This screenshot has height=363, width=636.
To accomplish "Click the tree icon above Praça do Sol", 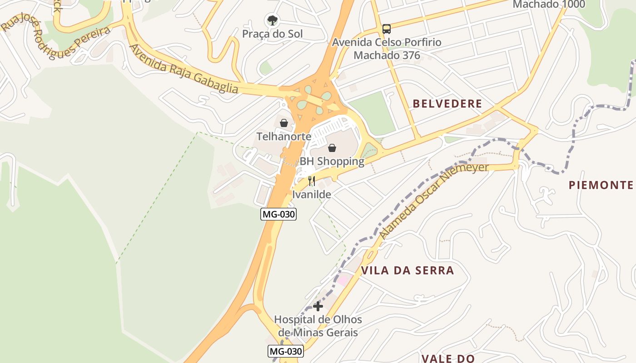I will click(272, 20).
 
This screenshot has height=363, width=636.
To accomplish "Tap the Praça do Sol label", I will click(272, 34).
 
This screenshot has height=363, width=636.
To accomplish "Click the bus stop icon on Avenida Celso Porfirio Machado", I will click(386, 29).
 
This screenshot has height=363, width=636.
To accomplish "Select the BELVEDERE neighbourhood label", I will click(447, 103).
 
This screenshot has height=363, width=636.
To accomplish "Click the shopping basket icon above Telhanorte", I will click(284, 123).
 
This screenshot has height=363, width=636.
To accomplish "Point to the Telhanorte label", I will click(284, 137).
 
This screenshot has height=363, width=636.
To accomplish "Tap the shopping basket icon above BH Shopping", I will click(332, 148).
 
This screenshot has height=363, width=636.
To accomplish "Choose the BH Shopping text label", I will click(332, 162).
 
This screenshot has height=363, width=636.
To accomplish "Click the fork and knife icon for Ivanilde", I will click(312, 181).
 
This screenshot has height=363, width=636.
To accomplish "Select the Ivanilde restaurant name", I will click(312, 195).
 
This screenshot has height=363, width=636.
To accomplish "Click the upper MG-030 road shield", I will click(278, 214).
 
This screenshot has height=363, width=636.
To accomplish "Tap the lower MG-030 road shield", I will click(285, 351).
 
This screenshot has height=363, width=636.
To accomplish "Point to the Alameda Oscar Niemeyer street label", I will click(434, 200).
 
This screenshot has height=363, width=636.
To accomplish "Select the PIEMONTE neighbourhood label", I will click(601, 185).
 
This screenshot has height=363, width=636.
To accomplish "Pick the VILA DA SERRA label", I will click(407, 271).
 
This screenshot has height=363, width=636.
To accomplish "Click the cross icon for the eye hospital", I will click(318, 306).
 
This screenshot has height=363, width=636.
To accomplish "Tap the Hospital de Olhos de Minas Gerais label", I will click(318, 326).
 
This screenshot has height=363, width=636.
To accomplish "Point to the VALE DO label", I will click(448, 358).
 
